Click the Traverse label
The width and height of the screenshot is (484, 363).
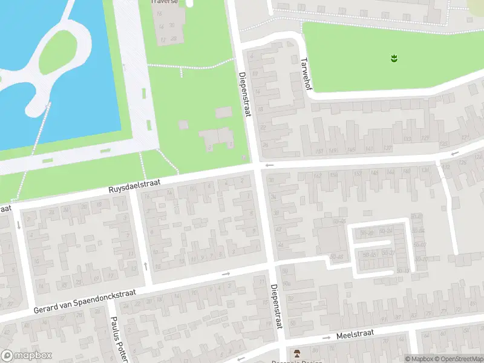point(165,2)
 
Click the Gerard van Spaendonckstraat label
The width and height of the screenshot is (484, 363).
point(84,301)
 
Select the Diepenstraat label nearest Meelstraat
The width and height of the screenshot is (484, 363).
point(276,307)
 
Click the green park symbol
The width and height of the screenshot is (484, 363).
point(394,58)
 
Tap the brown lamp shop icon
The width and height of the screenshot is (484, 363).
point(296,353)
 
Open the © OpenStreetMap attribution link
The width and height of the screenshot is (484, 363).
point(458,359)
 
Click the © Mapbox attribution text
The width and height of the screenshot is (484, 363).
point(419,359)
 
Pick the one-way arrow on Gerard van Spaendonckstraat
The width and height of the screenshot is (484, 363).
point(226,273)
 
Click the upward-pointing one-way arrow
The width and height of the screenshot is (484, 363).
point(146,266)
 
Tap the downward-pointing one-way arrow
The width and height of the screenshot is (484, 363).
point(19,225)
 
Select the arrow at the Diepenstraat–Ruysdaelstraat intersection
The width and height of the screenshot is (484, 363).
point(269,165)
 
